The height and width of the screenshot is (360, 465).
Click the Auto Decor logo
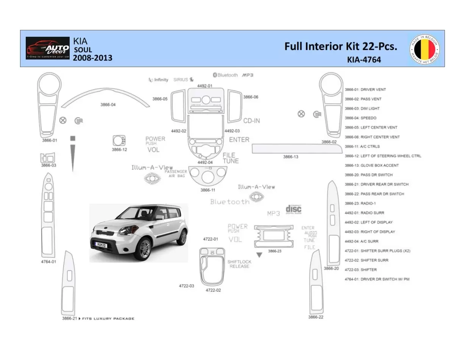click(48, 48)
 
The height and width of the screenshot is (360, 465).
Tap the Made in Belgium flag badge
click(424, 49)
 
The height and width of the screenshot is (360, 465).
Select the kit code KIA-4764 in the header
click(364, 59)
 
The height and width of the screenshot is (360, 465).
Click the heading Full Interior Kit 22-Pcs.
click(341, 47)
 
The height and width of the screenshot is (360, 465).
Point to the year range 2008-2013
click(92, 58)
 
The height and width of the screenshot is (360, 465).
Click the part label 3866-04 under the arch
click(108, 105)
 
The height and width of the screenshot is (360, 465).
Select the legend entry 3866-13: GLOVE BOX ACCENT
click(371, 166)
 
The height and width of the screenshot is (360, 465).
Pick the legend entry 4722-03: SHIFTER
click(360, 270)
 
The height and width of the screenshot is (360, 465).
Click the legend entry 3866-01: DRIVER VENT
click(365, 90)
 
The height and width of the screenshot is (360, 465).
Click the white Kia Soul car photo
click(139, 232)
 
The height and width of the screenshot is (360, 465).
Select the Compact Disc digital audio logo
click(293, 209)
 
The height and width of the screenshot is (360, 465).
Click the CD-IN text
click(251, 121)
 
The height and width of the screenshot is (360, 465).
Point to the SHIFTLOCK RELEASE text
click(239, 264)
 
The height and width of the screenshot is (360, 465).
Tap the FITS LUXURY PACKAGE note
click(108, 319)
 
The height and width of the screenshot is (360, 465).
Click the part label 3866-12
click(119, 150)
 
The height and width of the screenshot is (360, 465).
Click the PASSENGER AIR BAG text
click(176, 174)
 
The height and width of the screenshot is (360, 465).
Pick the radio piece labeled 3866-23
click(274, 236)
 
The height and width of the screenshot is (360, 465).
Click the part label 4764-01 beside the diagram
click(48, 262)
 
